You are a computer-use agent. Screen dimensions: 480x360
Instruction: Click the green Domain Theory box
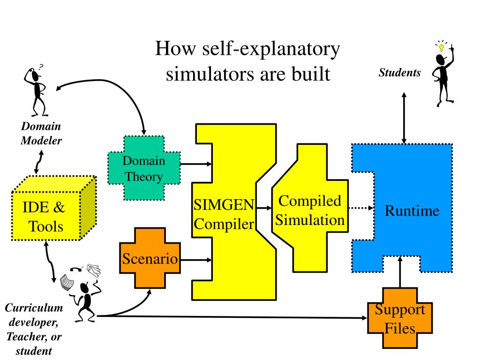coord(144,168)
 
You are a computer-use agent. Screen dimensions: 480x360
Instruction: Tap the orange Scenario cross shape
coord(150,258)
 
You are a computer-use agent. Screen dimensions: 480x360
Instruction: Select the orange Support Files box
coord(400,318)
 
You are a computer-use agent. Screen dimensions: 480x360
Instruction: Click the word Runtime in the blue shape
coord(412,210)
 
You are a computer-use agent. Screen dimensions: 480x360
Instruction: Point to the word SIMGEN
coord(224,205)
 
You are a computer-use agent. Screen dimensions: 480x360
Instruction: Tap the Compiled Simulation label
coord(310,210)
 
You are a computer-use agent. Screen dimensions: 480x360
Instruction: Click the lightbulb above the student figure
coord(441,47)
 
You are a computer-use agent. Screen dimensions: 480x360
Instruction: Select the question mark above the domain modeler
coord(41,67)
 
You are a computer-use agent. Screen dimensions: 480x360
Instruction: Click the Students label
coord(399,73)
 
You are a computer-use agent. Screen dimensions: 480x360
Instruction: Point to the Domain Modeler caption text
coord(41,133)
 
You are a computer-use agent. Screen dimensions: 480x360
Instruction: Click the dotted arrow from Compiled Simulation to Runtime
coord(360,208)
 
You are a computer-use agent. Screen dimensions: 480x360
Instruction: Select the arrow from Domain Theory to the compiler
coord(196,164)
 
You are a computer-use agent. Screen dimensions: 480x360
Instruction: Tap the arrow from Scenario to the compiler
coord(196,260)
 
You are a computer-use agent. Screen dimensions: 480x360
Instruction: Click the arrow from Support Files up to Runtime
coord(400,272)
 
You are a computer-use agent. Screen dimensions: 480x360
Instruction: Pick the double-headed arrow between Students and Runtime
coord(404,118)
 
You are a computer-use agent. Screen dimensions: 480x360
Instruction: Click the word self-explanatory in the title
coord(271,49)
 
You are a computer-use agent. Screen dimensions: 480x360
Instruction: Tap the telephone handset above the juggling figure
coord(76,269)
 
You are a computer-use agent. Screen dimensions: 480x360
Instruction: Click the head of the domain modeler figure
coord(35,75)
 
